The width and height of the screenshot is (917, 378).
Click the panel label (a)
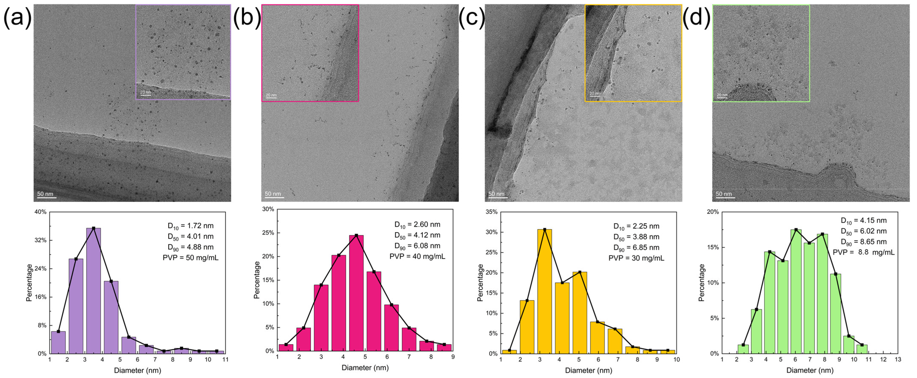[x=17, y=17]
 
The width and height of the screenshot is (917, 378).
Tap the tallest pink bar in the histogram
[x=356, y=293]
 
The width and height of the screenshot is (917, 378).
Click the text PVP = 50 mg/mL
[x=190, y=258]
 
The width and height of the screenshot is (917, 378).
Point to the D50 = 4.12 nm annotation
[x=417, y=235]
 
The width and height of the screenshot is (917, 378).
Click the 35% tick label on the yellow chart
[x=492, y=212]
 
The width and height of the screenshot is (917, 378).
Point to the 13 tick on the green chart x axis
[x=898, y=359]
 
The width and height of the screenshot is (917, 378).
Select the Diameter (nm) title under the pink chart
[x=365, y=367]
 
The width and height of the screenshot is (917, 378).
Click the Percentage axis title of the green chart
[x=702, y=283]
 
